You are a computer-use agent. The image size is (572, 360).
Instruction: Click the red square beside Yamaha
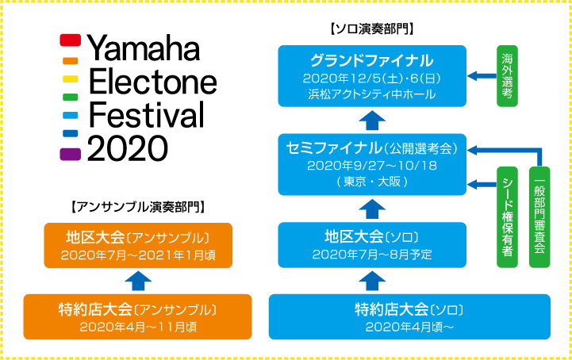pos(71,40)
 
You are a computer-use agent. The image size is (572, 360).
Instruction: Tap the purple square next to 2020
pos(71,154)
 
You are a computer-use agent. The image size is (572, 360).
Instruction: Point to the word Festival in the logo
pos(146,114)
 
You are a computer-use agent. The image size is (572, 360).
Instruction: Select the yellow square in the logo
pos(71,79)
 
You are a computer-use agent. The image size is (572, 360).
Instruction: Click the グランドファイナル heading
pos(372,60)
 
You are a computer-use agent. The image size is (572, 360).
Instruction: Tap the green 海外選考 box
pos(507,76)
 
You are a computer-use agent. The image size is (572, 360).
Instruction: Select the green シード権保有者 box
pos(507,217)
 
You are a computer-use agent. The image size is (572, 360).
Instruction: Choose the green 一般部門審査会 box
pos(539,217)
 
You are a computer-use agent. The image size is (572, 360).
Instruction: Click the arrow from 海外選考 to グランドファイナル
pos(482,76)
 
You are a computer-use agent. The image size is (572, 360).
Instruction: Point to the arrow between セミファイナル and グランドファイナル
pos(372,121)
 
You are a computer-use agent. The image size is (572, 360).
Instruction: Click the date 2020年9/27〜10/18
pos(372,166)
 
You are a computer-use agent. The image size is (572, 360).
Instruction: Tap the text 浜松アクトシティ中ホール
pos(372,94)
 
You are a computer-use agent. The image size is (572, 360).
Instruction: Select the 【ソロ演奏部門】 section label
pos(372,29)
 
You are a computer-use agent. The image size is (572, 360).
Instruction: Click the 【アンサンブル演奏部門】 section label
pos(138,207)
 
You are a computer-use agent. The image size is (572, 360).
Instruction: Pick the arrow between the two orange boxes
pos(138,281)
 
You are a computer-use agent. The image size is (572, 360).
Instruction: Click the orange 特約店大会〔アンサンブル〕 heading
pos(137,310)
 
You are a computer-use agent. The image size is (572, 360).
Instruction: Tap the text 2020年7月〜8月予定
pos(372,255)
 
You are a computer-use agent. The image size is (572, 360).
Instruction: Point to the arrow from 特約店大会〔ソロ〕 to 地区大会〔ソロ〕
pos(372,281)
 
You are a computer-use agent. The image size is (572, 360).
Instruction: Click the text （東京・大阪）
pos(372,182)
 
